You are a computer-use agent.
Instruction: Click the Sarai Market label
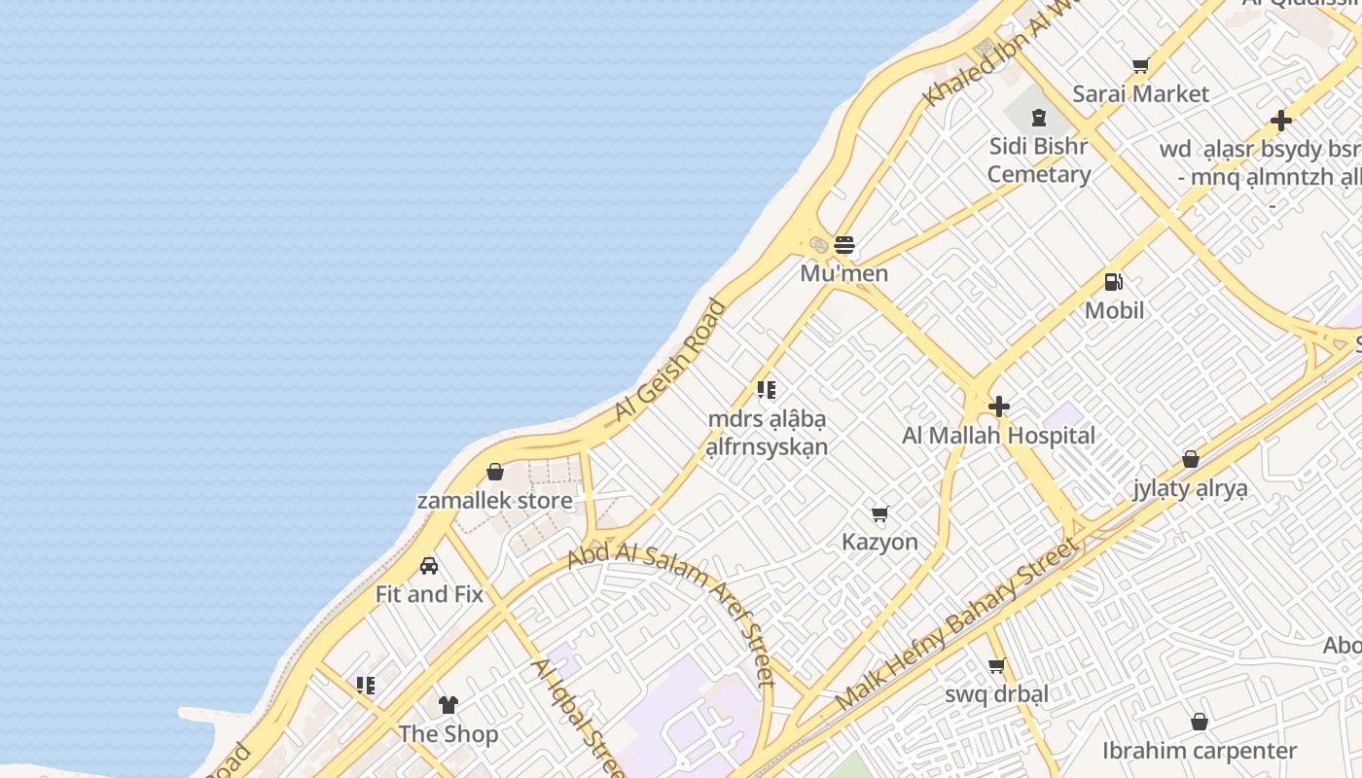click(x=1140, y=94)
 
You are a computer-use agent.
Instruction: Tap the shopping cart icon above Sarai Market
click(x=1140, y=66)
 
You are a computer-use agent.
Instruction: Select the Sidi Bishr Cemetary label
click(x=1038, y=160)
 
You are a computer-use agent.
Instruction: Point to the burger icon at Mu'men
click(x=843, y=243)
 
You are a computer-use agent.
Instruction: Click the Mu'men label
click(x=843, y=273)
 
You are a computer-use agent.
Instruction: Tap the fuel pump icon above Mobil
click(x=1114, y=282)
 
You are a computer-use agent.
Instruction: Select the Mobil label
click(x=1114, y=310)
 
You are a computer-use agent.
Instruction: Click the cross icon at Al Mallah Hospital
click(x=998, y=407)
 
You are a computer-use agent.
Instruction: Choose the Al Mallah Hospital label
click(x=998, y=436)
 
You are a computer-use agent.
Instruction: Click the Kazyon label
click(x=879, y=542)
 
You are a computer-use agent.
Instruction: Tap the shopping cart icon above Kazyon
click(x=879, y=513)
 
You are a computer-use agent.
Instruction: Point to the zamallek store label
click(x=494, y=501)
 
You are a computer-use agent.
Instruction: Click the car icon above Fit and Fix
click(x=429, y=566)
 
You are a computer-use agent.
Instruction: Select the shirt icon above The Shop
click(x=448, y=705)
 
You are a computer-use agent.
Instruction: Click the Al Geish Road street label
click(x=670, y=362)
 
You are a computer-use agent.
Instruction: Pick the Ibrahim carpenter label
click(x=1199, y=751)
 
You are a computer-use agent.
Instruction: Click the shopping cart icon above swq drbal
click(x=996, y=666)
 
